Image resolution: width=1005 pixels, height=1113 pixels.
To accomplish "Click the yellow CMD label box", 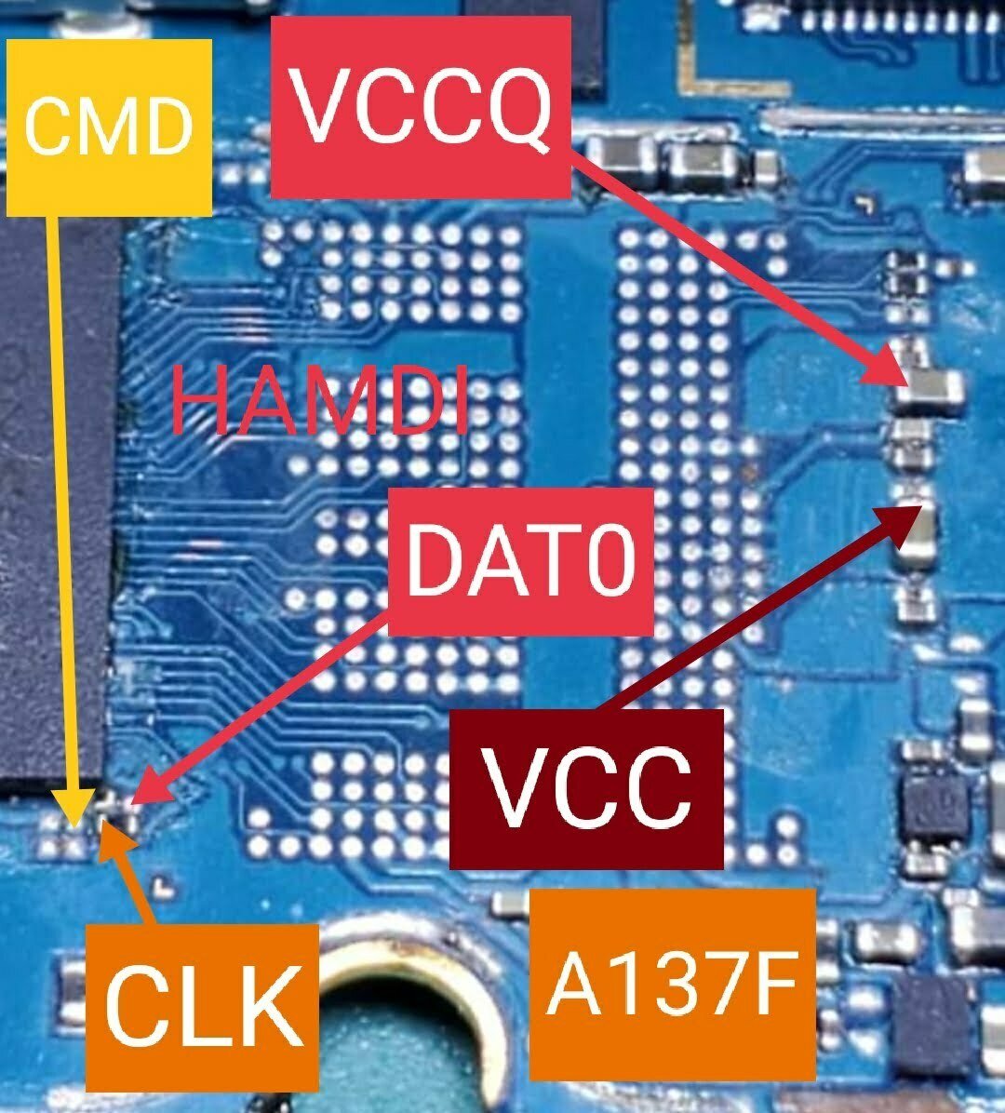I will coord(108,127).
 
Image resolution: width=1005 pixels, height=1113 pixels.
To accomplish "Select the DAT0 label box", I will coord(521,561).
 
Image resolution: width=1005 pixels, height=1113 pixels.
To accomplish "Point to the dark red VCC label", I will coord(586,789).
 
